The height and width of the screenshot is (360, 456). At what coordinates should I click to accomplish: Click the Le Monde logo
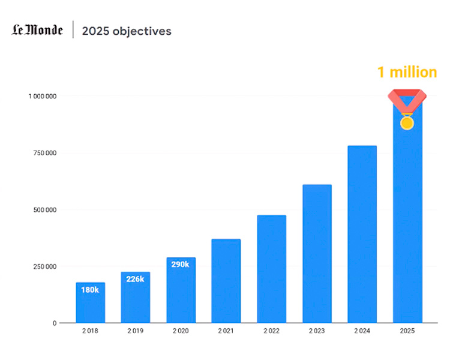37,30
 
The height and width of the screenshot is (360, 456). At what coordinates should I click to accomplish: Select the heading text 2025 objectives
127,31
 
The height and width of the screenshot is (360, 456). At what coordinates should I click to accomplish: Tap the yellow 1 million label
407,73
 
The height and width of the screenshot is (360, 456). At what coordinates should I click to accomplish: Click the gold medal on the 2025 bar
407,123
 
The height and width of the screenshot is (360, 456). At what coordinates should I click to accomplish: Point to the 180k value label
90,290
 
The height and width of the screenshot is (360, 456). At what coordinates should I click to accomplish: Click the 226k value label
135,279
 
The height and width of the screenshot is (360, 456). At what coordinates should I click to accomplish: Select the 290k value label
180,264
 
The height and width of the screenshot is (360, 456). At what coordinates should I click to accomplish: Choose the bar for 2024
362,234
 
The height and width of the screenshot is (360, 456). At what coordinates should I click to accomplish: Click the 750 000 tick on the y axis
45,153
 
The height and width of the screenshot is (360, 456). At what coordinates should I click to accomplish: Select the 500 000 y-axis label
45,210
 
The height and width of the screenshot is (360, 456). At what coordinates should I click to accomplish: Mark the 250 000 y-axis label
45,266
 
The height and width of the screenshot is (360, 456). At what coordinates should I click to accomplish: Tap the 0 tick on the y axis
55,323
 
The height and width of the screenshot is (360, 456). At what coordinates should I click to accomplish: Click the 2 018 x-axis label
90,331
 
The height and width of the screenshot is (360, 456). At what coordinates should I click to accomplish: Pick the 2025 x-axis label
407,331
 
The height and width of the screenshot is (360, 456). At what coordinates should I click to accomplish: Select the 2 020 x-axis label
181,331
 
